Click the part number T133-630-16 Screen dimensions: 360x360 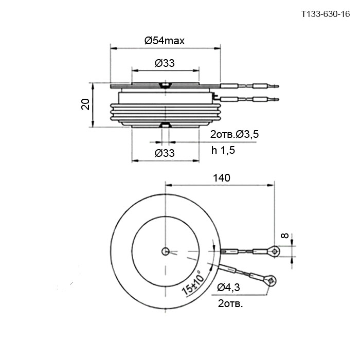tap(326, 14)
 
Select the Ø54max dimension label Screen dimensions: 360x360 tap(165, 41)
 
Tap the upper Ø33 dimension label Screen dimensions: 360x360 tap(165, 63)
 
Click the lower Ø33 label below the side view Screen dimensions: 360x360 tap(165, 153)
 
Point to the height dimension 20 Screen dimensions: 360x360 tap(85, 104)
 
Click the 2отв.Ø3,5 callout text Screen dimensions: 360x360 tap(235, 134)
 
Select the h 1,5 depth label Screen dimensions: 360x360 tap(223, 150)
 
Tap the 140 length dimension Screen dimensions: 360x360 tap(222, 178)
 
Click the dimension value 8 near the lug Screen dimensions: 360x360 tap(285, 236)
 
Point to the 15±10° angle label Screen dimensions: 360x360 tap(192, 283)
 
